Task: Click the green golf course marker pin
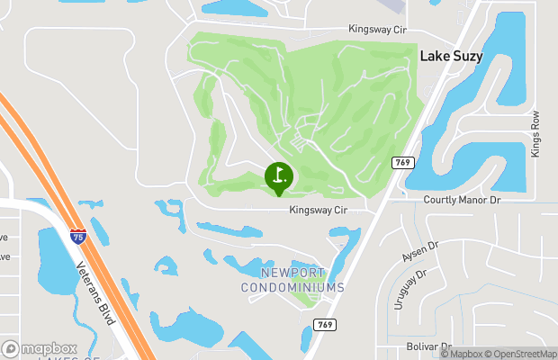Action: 278,176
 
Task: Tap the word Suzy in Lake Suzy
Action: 465,56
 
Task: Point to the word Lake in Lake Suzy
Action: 434,56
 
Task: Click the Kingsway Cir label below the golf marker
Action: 318,210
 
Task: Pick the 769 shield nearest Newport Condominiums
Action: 326,323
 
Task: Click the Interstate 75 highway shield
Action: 78,237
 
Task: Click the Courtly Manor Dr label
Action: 461,199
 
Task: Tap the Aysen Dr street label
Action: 419,252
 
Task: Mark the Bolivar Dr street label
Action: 428,346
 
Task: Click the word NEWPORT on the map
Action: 292,273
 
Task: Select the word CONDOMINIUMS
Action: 292,288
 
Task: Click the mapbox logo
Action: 40,348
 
